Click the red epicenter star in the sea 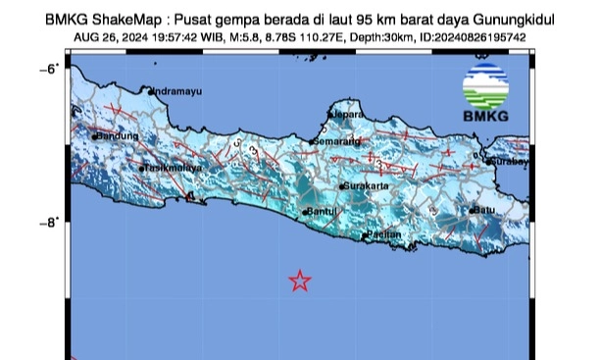click(x=300, y=282)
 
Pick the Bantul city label click(x=322, y=211)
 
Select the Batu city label click(x=482, y=210)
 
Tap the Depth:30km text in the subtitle click(x=381, y=38)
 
